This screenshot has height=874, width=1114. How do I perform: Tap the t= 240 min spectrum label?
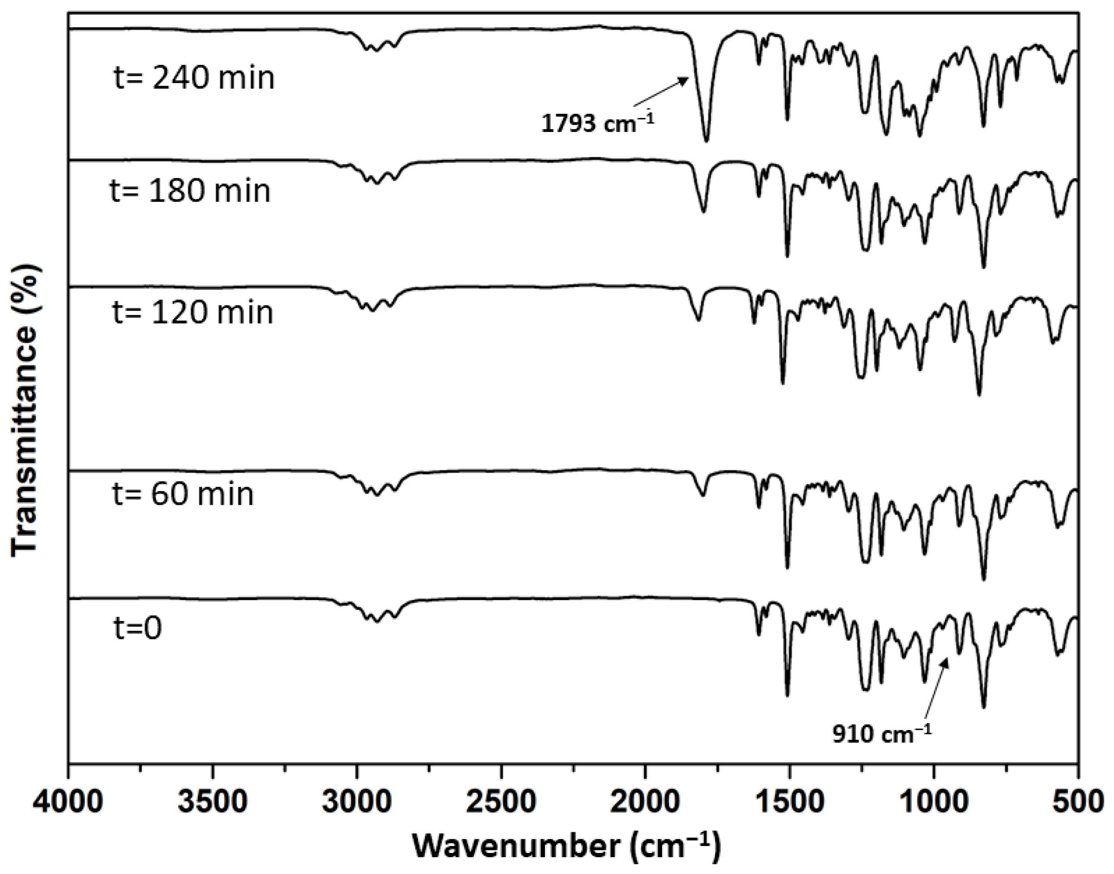[x=194, y=78]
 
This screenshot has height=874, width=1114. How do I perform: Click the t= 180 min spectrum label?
[x=190, y=191]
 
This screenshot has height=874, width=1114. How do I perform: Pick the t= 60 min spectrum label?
[x=183, y=495]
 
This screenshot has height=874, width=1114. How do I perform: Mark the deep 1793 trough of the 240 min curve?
[x=706, y=139]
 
